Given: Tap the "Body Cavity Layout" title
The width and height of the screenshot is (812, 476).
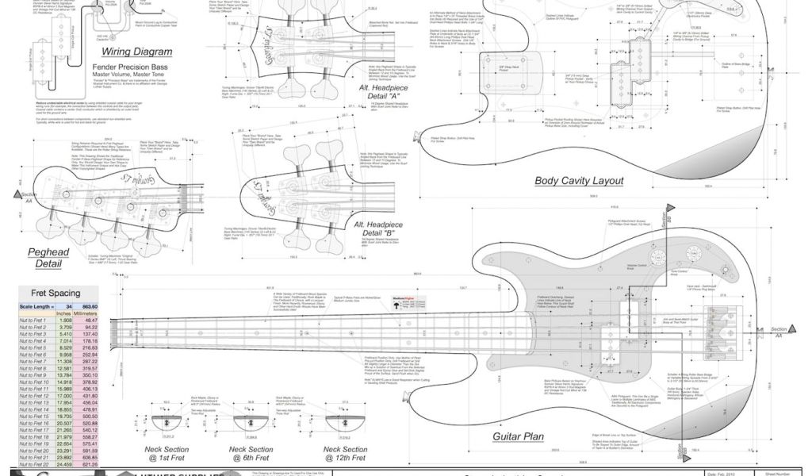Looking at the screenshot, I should point(579,181).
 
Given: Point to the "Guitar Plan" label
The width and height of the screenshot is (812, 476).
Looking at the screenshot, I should point(518,437).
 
